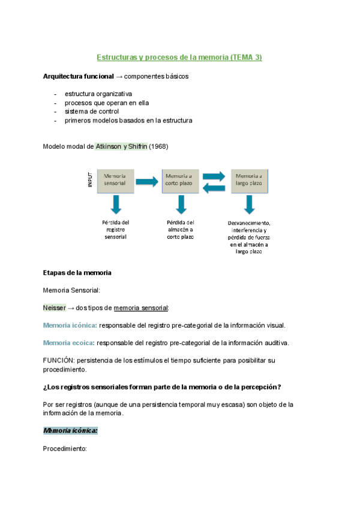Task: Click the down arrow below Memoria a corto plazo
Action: click(181, 205)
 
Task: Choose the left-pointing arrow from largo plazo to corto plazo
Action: click(214, 187)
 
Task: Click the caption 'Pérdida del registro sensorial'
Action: click(116, 229)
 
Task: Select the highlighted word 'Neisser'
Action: click(55, 308)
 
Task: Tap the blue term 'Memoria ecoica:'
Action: click(69, 343)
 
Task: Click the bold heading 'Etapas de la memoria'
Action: click(77, 273)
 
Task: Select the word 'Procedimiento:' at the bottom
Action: click(65, 448)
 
